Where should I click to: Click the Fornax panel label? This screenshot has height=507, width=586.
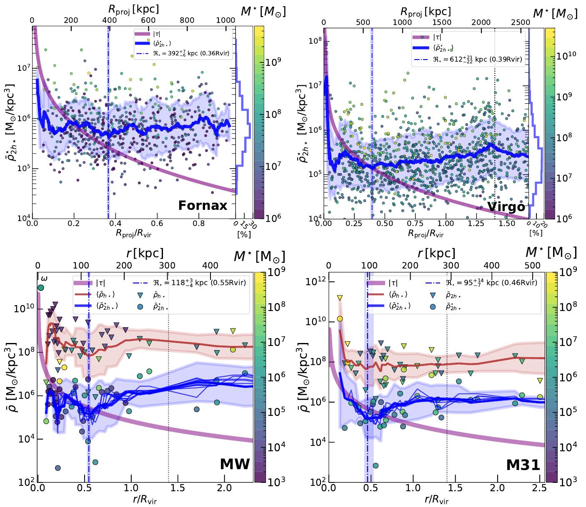tap(203, 206)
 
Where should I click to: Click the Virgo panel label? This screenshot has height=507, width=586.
tap(506, 207)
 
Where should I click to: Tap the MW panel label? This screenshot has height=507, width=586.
tap(235, 464)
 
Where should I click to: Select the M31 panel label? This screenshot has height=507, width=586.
tap(523, 465)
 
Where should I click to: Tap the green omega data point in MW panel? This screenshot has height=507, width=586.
tap(40, 288)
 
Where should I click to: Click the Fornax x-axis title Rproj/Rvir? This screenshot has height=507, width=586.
tap(133, 234)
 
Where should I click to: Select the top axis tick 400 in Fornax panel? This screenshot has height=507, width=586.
tap(110, 20)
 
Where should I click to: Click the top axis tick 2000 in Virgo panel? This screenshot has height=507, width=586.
tap(481, 22)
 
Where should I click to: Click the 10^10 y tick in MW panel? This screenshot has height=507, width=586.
tap(24, 309)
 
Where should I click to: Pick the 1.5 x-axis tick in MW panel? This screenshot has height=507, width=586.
tap(178, 488)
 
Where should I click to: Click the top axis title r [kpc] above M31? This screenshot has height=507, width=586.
tap(436, 253)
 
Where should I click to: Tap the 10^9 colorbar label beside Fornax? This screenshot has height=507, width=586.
tap(273, 62)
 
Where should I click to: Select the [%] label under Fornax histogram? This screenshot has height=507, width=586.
tap(244, 234)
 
